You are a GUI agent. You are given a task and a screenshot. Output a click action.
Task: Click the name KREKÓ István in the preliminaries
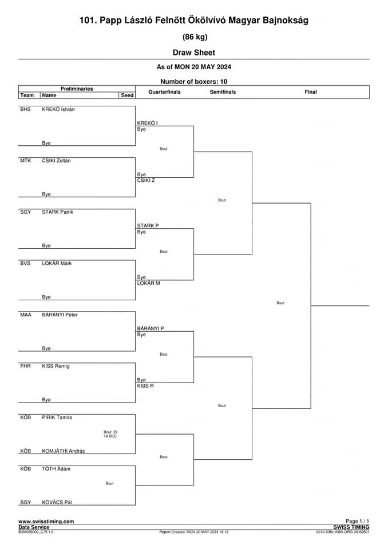coord(58,109)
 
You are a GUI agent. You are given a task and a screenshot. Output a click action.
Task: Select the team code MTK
coord(26,161)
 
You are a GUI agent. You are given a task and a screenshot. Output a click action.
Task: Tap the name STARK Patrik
coord(57,212)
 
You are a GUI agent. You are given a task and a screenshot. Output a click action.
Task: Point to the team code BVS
coord(25,263)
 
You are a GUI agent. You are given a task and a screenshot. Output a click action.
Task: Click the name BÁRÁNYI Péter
coord(60,315)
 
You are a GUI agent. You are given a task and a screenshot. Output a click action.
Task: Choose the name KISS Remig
coord(56,366)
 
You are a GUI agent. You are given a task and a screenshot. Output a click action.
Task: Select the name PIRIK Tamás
coord(57,417)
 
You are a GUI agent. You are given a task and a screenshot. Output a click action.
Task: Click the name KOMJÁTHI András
coord(63,451)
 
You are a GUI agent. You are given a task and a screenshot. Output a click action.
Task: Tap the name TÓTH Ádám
coord(56,469)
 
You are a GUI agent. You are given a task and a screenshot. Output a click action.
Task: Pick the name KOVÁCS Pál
coord(57,503)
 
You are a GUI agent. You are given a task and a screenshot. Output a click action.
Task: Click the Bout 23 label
coord(110,432)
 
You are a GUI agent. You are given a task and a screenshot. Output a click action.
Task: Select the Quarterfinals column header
coord(164,92)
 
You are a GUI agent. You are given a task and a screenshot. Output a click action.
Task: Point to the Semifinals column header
coord(223,92)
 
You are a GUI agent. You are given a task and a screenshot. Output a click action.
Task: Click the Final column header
coord(311,92)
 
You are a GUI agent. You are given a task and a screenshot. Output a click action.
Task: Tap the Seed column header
coord(127,96)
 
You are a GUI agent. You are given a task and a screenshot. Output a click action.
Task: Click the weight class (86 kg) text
coord(195,37)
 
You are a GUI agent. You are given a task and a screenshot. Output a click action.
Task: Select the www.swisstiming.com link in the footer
coord(46,522)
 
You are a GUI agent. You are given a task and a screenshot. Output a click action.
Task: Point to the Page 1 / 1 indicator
coord(357,522)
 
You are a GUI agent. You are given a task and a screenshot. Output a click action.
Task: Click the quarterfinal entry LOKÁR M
coord(148,283)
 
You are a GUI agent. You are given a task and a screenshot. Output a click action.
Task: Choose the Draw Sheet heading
coord(194,53)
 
